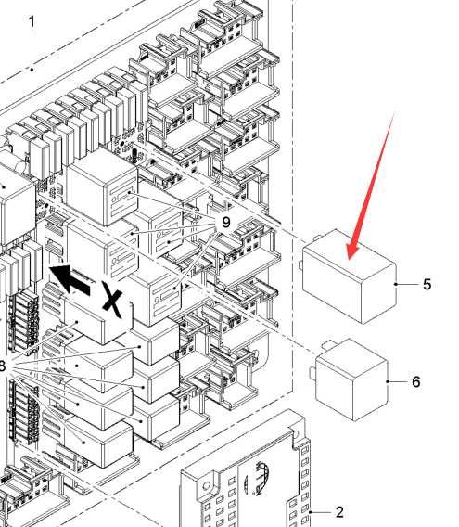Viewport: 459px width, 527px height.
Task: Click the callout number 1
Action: [32, 22]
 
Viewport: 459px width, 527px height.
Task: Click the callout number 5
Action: [427, 284]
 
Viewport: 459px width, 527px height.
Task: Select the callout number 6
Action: [416, 382]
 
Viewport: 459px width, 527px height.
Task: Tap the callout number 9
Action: [226, 222]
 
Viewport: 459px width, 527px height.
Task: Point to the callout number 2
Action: [339, 512]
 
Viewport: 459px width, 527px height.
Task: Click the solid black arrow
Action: [70, 278]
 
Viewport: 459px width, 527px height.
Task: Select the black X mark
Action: [112, 300]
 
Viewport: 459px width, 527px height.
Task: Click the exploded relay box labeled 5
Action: [350, 276]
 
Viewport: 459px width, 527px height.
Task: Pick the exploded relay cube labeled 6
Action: [352, 379]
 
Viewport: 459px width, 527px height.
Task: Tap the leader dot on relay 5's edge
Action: [396, 284]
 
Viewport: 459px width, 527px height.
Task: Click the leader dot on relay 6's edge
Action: [388, 382]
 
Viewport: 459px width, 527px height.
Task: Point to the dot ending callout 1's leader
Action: [32, 70]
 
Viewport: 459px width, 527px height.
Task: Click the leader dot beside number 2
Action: [310, 512]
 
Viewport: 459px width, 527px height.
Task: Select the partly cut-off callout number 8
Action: [3, 366]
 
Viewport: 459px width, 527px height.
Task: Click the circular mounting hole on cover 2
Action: [206, 485]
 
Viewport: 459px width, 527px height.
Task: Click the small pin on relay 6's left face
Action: [312, 373]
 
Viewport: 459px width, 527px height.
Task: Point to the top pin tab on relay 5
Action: [317, 238]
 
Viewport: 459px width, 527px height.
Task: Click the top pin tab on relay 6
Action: [328, 344]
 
